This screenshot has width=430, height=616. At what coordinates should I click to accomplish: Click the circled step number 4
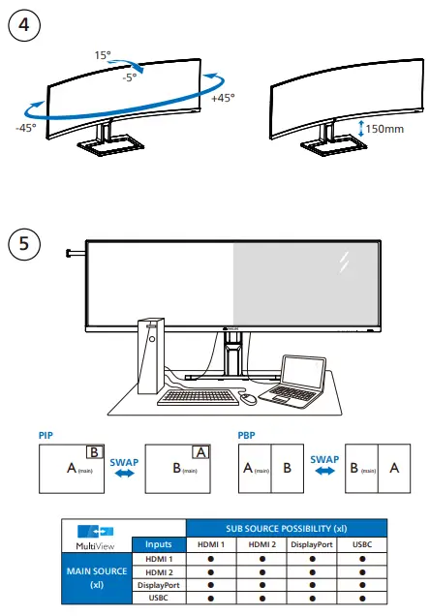coord(25,25)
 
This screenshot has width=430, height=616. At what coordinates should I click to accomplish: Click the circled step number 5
coord(25,242)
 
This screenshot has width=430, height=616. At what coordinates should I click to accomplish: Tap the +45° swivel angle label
coord(222,97)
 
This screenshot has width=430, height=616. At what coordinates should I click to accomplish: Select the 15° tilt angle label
coord(104,55)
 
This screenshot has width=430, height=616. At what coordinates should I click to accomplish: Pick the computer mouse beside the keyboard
coord(249,398)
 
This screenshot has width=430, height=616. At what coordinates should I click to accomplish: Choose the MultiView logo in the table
coord(94,537)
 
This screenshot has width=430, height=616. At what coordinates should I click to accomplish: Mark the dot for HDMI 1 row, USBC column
coord(361,559)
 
